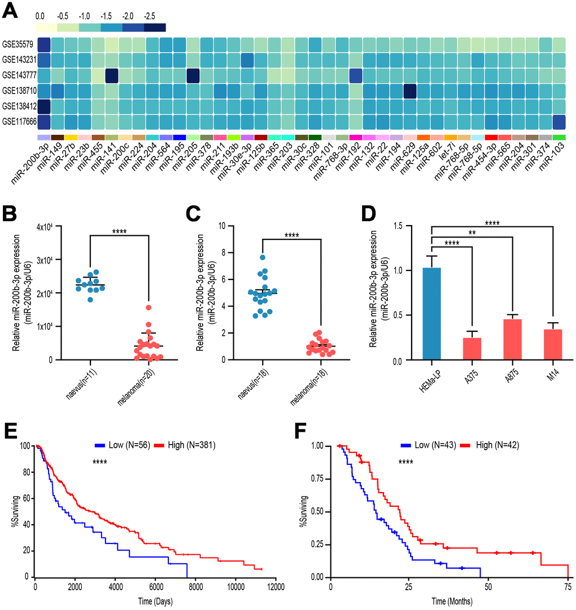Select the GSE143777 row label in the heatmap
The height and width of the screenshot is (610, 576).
[18, 74]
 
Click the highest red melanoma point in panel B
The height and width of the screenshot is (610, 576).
[148, 308]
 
